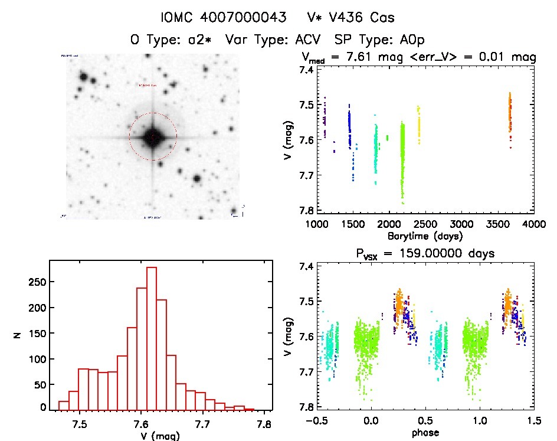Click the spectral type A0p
click(x=409, y=40)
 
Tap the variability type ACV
click(x=304, y=40)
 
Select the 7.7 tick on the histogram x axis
click(x=202, y=423)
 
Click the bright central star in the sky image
click(x=153, y=137)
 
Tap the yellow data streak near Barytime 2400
click(x=419, y=124)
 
